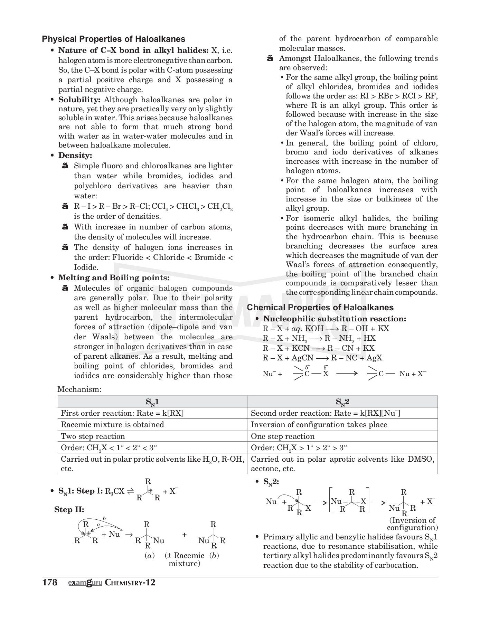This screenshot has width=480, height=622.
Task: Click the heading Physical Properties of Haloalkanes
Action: (113, 39)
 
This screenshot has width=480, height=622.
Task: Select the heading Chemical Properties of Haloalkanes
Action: (320, 307)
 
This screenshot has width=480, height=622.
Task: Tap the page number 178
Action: (49, 582)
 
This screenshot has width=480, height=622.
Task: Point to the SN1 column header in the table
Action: (152, 402)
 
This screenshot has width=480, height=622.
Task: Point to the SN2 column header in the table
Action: (342, 402)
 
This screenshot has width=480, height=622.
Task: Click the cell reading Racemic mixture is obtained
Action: (112, 424)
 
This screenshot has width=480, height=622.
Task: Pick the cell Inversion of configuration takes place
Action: (319, 424)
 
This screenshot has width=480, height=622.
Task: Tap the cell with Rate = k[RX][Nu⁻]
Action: (325, 413)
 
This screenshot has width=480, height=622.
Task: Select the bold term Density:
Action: (75, 155)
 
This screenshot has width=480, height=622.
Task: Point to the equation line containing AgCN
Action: (322, 358)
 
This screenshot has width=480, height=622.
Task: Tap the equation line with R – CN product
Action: (318, 348)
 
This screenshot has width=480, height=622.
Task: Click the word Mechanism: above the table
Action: (79, 389)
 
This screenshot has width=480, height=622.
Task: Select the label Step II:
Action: (69, 509)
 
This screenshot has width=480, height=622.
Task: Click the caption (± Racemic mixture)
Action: (185, 559)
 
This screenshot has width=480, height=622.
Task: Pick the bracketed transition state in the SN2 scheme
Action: (349, 501)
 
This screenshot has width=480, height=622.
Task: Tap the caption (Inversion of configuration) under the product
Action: (412, 524)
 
